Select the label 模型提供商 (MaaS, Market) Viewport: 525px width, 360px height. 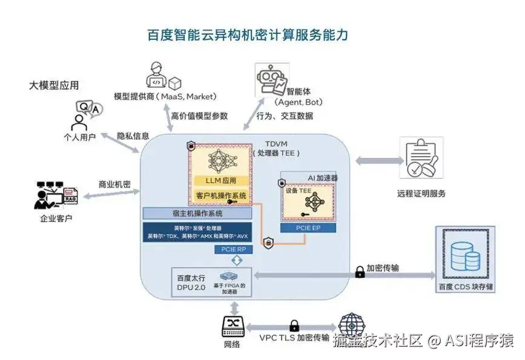click(165, 97)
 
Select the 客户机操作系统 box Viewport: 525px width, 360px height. click(221, 195)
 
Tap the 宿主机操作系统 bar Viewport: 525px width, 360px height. click(197, 214)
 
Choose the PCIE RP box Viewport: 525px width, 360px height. click(233, 249)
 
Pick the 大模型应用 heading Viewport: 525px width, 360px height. click(54, 85)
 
